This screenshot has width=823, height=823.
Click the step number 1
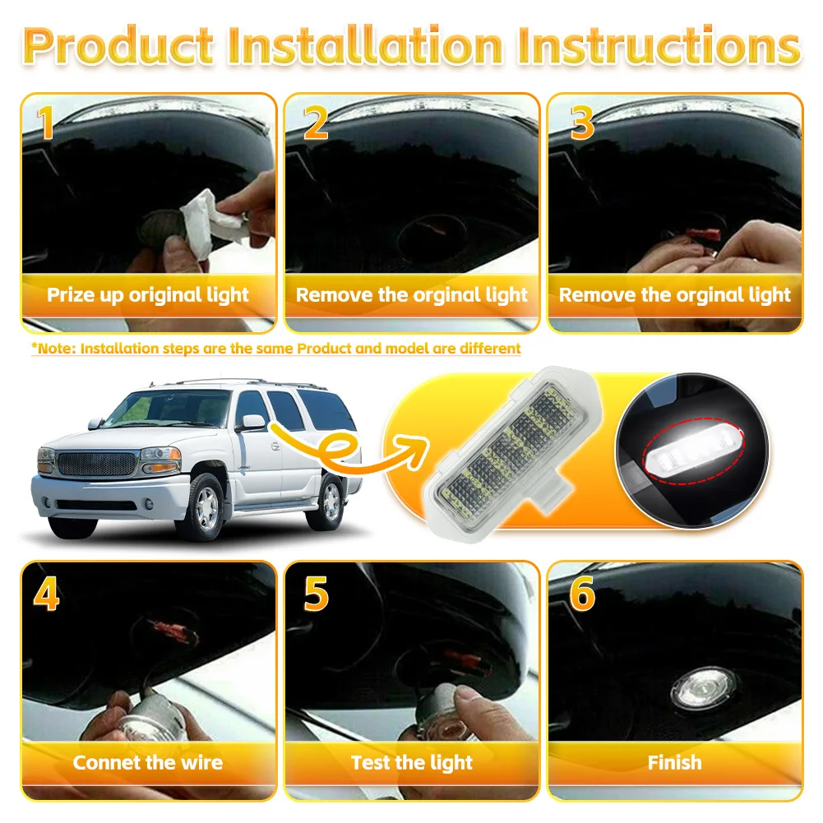tap(46, 123)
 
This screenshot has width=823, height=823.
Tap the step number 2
tap(316, 123)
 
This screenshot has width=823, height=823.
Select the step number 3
tap(582, 123)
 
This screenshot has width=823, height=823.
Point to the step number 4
tap(46, 594)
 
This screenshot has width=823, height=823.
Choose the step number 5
tap(317, 594)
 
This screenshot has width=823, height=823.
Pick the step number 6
tap(582, 594)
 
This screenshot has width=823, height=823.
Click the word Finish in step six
tap(674, 762)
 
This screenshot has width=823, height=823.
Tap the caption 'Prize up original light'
tap(148, 295)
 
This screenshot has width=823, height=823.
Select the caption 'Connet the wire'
tap(148, 762)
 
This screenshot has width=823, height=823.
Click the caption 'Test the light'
tap(412, 763)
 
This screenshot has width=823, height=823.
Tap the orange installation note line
tap(276, 349)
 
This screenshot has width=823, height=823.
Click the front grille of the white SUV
tap(96, 464)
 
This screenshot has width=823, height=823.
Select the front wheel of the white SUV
tap(204, 507)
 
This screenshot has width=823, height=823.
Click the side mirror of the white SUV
tap(253, 422)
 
